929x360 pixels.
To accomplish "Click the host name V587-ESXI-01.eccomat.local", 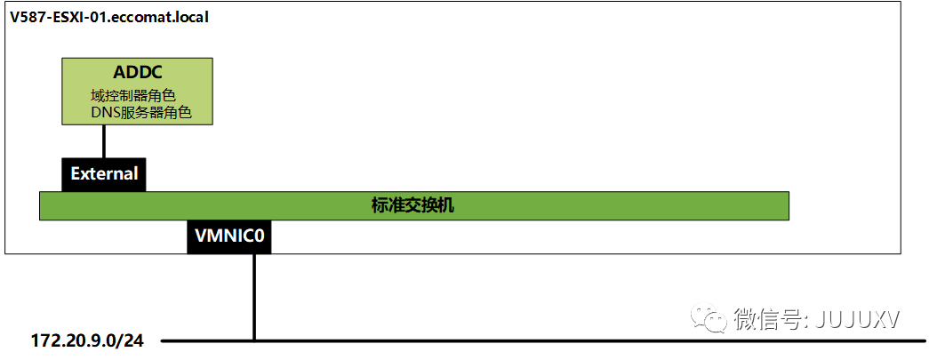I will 109,17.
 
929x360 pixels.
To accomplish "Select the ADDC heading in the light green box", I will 136,72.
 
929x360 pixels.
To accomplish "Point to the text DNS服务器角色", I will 140,113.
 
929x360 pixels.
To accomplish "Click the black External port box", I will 104,173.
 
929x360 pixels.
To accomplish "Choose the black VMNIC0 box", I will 229,237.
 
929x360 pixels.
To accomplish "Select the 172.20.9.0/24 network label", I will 86,340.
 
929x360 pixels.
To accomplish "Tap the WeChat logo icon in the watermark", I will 709,317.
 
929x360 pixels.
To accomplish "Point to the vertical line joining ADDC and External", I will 104,140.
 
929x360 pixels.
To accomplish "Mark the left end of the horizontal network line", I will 164,340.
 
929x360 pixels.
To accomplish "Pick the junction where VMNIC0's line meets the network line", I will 254,340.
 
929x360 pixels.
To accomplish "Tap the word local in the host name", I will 190,17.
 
